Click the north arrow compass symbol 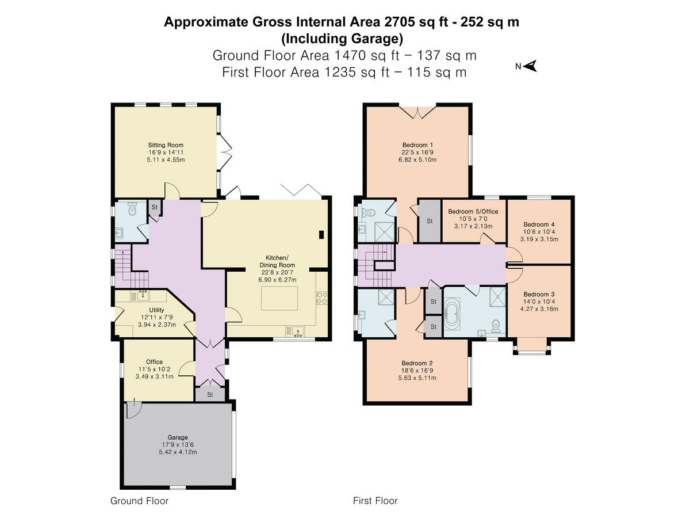(x=530, y=67)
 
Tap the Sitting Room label (x=166, y=145)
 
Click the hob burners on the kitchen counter (x=322, y=298)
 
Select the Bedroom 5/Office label (x=473, y=212)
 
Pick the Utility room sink (x=142, y=296)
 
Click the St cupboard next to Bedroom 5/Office (x=429, y=221)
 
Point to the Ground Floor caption (x=140, y=501)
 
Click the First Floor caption (x=375, y=501)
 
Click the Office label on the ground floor (x=154, y=362)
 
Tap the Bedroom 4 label (x=539, y=224)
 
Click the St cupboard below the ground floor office (x=210, y=395)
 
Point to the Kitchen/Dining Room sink (x=297, y=330)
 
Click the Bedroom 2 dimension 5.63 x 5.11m (x=417, y=378)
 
